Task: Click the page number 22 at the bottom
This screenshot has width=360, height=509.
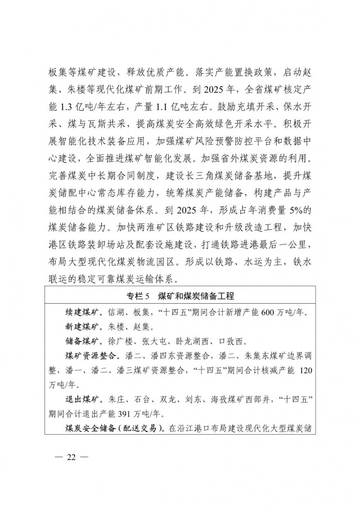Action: pyautogui.click(x=70, y=457)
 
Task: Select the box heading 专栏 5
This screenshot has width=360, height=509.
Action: pyautogui.click(x=179, y=297)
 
